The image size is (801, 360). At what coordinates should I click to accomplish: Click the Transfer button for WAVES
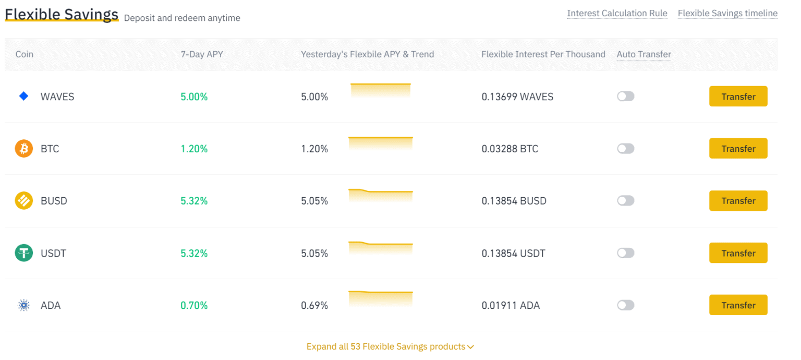738,97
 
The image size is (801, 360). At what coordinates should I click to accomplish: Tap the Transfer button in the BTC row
738,149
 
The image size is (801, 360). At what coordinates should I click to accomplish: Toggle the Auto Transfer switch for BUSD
625,201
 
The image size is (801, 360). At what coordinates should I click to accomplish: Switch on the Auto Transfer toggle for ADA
625,305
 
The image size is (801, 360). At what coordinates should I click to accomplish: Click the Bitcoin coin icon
23,149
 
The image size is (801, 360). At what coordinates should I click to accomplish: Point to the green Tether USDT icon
23,253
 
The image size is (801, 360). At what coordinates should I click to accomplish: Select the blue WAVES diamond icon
23,96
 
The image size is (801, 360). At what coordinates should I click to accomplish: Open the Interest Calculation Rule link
617,14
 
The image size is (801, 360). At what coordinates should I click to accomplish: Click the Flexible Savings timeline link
727,14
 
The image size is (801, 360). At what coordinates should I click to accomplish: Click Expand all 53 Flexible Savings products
390,346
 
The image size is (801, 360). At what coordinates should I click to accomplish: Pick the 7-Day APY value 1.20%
194,149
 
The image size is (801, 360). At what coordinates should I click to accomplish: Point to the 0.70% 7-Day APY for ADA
194,305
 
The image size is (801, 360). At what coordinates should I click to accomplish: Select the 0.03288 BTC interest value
509,149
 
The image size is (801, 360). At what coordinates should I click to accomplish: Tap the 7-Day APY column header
202,54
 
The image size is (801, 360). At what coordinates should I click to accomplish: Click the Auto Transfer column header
644,54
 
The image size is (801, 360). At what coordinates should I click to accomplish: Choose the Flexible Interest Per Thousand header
543,54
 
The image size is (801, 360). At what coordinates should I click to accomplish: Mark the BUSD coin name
54,201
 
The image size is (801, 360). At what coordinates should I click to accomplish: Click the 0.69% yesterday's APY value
314,305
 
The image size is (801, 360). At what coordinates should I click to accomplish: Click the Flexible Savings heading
62,15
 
